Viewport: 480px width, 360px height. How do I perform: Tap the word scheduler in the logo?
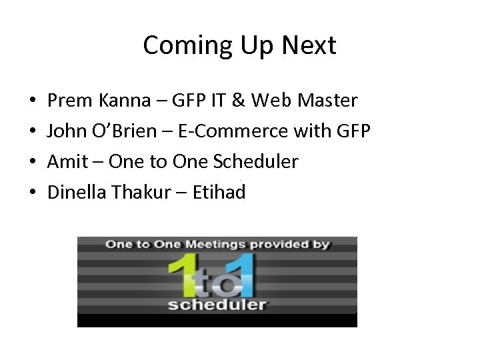[217, 305]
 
